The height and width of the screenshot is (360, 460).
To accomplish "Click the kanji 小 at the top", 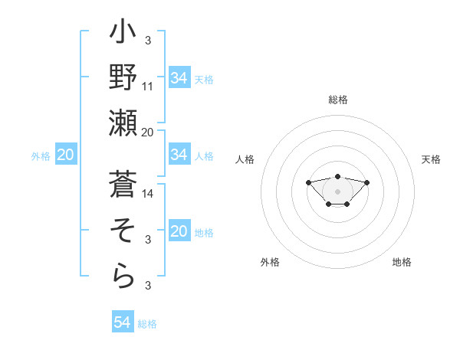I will [123, 34].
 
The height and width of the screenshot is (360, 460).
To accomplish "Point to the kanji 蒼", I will [123, 184].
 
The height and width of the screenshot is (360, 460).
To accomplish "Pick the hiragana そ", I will [123, 230].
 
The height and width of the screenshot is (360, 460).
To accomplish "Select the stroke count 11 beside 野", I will [148, 86].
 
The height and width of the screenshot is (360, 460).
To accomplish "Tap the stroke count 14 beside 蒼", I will [148, 194].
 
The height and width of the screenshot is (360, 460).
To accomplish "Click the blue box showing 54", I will [123, 322].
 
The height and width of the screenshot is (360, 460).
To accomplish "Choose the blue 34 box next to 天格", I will [179, 78].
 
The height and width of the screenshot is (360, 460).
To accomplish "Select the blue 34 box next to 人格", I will [179, 155].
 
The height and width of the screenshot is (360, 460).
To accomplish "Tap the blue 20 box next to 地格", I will [179, 231].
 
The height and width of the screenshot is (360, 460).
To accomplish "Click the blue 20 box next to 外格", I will [65, 155].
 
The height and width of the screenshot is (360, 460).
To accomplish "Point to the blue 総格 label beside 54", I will [147, 324].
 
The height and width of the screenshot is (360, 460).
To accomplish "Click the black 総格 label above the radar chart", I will [337, 100].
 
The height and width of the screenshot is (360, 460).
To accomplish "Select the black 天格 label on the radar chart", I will [431, 159].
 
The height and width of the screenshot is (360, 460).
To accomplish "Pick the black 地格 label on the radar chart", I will [402, 262].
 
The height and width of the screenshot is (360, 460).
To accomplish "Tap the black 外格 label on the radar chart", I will [270, 262].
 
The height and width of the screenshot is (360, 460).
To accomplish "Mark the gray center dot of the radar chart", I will [337, 191].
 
